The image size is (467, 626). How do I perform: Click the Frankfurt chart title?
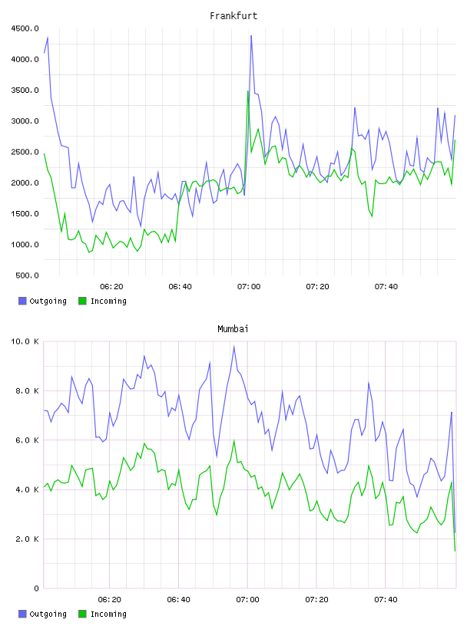(233, 16)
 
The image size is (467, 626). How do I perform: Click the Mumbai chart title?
(233, 329)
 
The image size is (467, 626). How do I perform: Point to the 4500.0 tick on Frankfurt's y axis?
(25, 28)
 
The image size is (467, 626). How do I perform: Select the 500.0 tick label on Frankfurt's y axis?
(27, 275)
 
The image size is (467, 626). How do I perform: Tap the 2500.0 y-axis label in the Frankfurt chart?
(25, 152)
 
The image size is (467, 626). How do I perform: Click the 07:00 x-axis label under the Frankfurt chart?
(249, 287)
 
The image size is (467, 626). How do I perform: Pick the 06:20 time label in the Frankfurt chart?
(111, 287)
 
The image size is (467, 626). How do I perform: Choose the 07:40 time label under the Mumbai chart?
(386, 600)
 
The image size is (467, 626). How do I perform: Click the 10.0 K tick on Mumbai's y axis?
(25, 341)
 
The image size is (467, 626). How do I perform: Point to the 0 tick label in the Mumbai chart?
(36, 588)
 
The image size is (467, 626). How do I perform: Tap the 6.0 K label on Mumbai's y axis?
(27, 440)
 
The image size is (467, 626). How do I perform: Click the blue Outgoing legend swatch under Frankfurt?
(22, 301)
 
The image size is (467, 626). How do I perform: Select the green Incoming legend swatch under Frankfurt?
(82, 301)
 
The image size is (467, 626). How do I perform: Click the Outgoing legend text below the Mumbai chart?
(48, 614)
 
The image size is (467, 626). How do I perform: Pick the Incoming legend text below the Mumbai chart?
(108, 614)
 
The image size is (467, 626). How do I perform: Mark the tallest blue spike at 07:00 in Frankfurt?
(251, 36)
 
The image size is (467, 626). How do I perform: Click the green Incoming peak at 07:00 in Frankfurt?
(248, 91)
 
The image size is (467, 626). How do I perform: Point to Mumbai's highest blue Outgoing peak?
(234, 346)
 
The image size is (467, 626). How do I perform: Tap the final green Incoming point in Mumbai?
(455, 551)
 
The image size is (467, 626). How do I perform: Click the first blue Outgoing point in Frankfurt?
(45, 53)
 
